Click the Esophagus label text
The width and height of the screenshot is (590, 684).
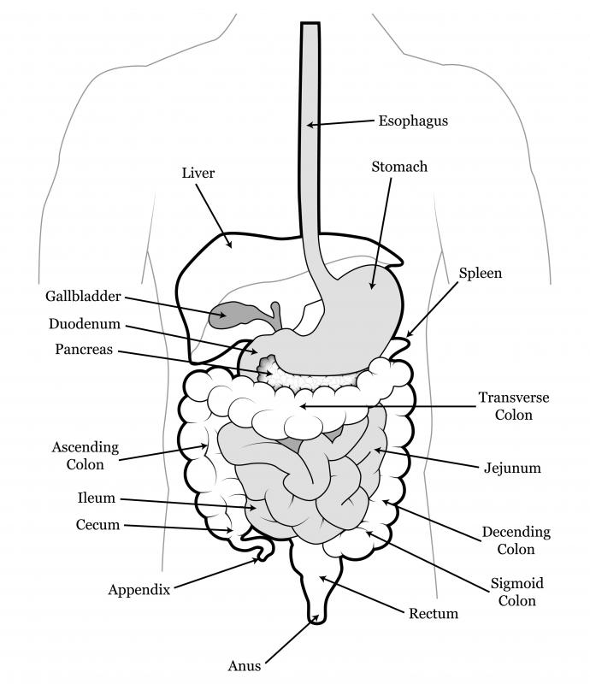413,121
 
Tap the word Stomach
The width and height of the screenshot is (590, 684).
399,167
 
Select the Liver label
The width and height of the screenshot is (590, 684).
198,173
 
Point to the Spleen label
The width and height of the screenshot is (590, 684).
480,274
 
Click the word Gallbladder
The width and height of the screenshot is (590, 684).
83,296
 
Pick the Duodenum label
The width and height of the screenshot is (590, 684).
84,324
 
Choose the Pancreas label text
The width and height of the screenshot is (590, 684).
84,349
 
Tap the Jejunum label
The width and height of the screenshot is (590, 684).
512,468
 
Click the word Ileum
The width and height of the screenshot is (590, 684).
96,498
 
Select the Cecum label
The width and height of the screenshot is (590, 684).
97,524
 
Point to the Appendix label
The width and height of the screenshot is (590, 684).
139,590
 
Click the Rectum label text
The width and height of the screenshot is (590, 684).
434,614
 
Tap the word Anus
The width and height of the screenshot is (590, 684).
245,666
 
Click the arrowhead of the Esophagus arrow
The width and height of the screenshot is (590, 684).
310,125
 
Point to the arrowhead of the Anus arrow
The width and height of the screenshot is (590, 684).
315,619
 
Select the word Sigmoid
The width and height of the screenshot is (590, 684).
516,584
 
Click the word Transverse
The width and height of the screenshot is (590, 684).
514,398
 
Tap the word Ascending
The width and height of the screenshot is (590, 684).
86,447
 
